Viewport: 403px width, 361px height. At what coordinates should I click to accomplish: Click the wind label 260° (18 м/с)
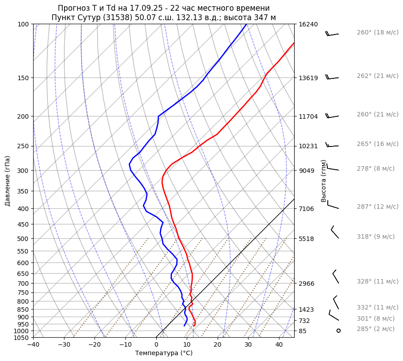[x=377, y=33]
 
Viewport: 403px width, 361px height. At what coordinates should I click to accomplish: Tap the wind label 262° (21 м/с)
[x=377, y=76]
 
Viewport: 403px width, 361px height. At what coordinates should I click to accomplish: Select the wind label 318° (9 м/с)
[x=376, y=237]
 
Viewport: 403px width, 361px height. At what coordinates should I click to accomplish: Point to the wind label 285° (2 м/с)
[x=376, y=329]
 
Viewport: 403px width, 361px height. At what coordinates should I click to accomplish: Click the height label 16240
[x=308, y=25]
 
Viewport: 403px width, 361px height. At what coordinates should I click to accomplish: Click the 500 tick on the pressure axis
[x=23, y=239]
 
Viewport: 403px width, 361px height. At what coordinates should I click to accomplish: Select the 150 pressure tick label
[x=23, y=78]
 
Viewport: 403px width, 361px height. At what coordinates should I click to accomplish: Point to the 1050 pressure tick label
[x=21, y=338]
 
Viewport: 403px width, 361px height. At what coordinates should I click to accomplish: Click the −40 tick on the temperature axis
[x=33, y=345]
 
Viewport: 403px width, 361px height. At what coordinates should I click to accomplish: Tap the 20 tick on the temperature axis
[x=218, y=345]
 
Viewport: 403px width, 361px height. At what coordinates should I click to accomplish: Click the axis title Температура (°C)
[x=164, y=353]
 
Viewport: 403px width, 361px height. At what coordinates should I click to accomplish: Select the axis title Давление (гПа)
[x=8, y=181]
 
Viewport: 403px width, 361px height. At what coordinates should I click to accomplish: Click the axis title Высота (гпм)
[x=324, y=181]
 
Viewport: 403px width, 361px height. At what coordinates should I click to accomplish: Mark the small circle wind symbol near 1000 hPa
[x=339, y=331]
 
